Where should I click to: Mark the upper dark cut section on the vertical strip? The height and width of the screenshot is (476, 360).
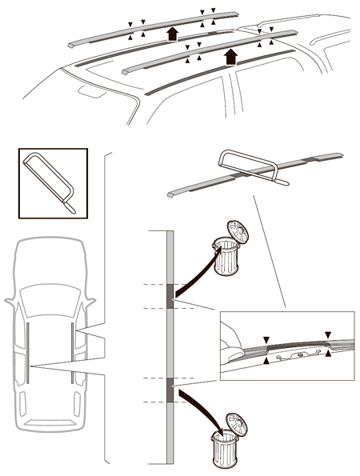(170, 296)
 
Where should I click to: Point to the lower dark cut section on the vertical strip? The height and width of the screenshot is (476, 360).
(170, 390)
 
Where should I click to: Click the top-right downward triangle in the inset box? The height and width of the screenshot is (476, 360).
(326, 334)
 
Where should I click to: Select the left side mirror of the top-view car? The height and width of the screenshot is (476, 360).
(9, 304)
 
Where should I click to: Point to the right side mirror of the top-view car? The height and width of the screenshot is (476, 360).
(91, 304)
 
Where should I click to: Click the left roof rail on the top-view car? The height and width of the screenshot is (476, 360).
(27, 352)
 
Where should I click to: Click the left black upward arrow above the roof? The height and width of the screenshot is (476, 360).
(170, 34)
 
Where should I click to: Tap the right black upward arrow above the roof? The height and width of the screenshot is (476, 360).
(232, 55)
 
